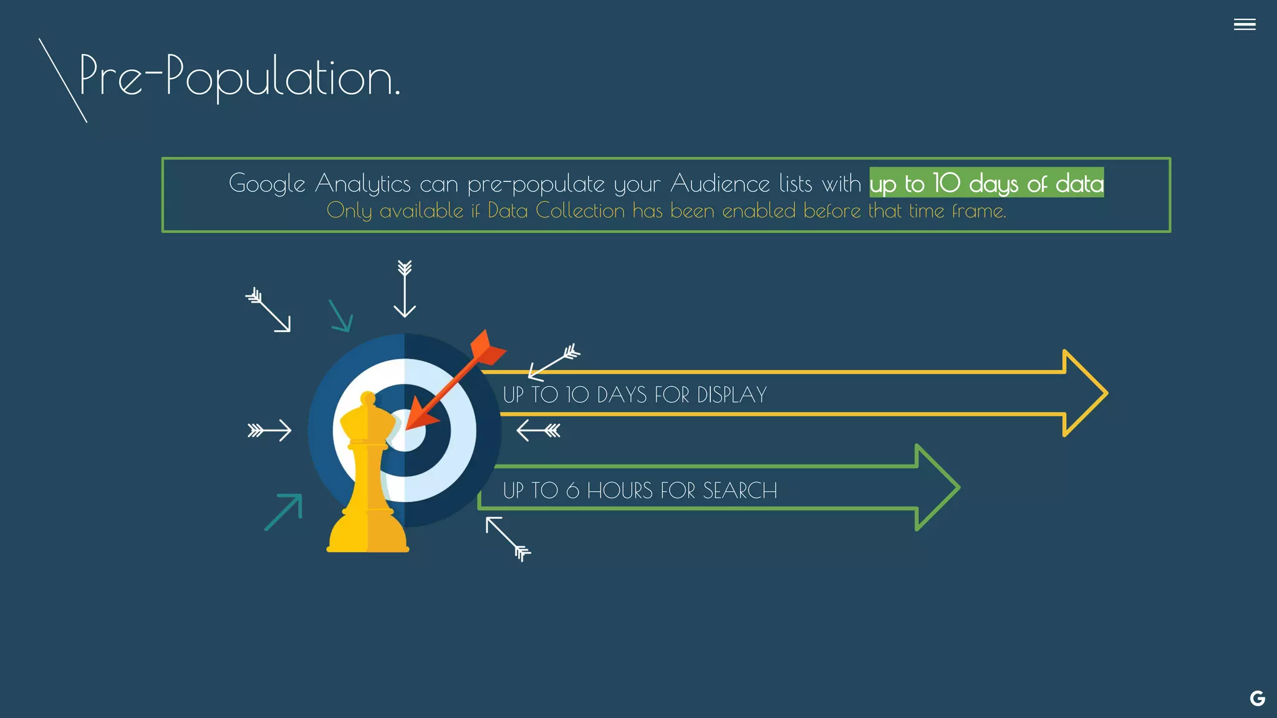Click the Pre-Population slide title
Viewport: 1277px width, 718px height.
point(239,77)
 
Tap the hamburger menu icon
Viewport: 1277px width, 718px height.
point(1244,24)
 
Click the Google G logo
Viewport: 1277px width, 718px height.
point(1257,699)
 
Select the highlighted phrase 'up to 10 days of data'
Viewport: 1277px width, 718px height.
point(986,183)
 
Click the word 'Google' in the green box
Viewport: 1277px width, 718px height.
point(267,184)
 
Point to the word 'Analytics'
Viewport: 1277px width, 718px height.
point(362,184)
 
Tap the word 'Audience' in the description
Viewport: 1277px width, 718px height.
point(720,184)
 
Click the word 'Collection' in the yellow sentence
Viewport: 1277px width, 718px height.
point(580,211)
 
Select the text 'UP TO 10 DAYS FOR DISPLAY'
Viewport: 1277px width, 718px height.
point(635,395)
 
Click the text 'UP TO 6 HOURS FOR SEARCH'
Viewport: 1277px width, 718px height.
point(640,491)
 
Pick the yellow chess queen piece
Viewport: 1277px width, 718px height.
point(368,480)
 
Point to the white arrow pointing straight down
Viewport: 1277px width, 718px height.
point(405,289)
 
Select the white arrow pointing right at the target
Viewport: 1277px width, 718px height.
point(269,430)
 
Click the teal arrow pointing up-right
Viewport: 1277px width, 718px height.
point(284,512)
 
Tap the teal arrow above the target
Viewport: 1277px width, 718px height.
point(341,316)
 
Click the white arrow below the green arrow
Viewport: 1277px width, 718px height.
point(508,538)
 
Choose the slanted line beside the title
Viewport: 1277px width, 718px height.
point(62,80)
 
